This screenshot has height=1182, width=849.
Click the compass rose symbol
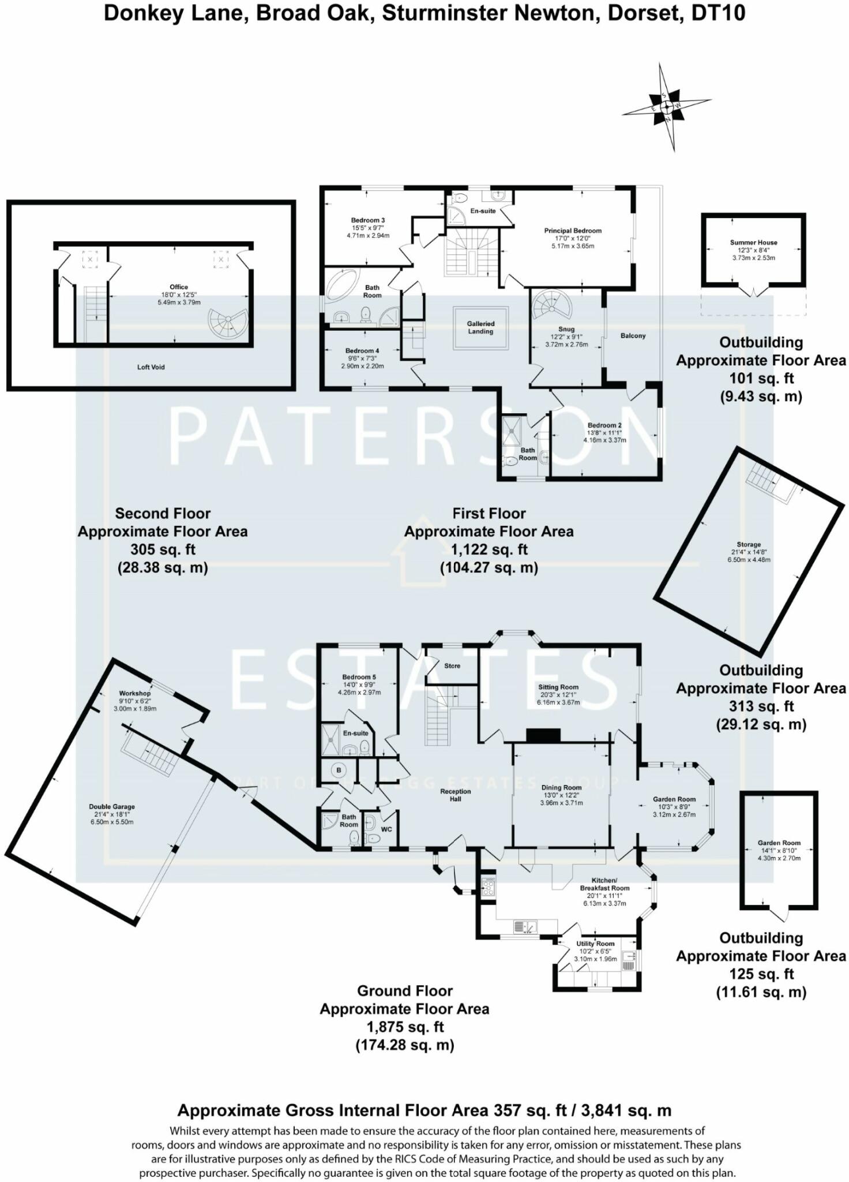point(667,107)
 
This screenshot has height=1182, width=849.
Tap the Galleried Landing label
point(480,328)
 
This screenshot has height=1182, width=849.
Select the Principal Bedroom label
point(572,231)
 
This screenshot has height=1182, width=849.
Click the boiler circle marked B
point(339,770)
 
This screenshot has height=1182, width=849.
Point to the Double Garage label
point(112,807)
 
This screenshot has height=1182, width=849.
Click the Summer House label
point(753,242)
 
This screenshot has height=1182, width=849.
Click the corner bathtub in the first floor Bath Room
point(342,286)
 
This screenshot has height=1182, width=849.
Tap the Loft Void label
point(151,367)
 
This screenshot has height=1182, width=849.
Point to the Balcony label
point(633,336)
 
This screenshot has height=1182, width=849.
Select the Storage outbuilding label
point(749,544)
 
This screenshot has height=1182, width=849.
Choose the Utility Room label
point(596,944)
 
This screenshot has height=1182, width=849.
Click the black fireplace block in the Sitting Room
point(543,735)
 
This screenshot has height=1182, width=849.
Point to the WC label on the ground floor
point(386,829)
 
